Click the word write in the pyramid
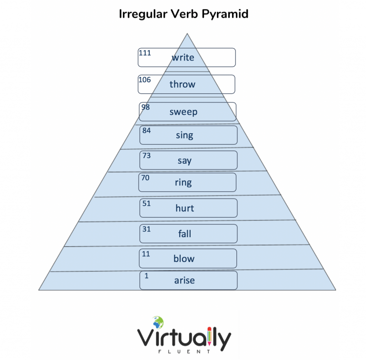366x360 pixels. [183, 57]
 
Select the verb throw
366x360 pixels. [183, 84]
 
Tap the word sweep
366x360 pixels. [183, 112]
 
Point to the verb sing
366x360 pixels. [184, 135]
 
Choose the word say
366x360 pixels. [184, 161]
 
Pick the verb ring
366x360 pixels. [183, 182]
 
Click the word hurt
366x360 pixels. [184, 208]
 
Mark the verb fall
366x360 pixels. [184, 233]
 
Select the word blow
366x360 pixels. [184, 259]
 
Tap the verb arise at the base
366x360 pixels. [184, 280]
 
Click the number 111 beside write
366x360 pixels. [145, 53]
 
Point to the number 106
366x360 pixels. [145, 80]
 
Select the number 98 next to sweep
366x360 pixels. [146, 107]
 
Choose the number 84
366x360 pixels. [147, 130]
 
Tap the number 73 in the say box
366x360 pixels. [147, 156]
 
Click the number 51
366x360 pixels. [147, 203]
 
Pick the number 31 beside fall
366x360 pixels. [147, 229]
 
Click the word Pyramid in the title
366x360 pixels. [225, 14]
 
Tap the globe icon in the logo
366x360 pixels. [158, 322]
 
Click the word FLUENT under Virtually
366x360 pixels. [184, 351]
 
